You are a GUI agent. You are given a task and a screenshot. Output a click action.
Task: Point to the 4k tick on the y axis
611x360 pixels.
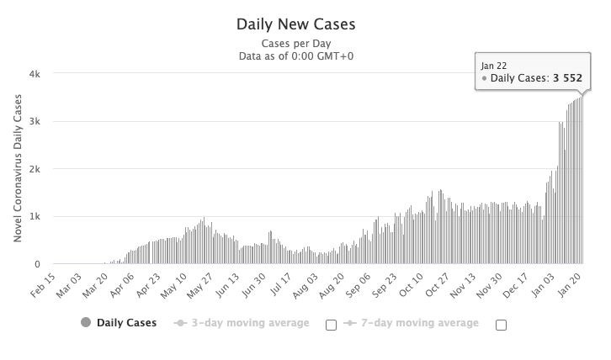pos(46,74)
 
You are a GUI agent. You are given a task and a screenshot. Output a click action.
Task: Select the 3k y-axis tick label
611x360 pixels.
pos(46,122)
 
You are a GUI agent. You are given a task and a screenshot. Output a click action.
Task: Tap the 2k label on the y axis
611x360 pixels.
pos(46,169)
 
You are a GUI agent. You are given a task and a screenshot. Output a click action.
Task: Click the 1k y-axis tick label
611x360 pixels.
pos(46,217)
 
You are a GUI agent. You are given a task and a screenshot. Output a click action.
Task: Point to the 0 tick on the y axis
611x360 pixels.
pos(50,264)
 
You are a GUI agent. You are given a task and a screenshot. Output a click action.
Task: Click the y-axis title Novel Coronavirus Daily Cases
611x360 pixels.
pos(18,168)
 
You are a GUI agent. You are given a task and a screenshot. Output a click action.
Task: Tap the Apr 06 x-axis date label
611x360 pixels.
pos(124,284)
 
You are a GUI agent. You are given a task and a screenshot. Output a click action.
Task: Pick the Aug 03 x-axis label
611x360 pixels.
pos(307,284)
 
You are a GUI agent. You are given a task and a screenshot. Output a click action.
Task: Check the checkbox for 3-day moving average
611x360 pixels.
pos(331,325)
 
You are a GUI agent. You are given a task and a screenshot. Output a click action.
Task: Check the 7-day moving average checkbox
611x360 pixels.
pos(501,325)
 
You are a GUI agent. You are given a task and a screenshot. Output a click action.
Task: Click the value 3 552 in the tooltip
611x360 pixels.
pos(567,79)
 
